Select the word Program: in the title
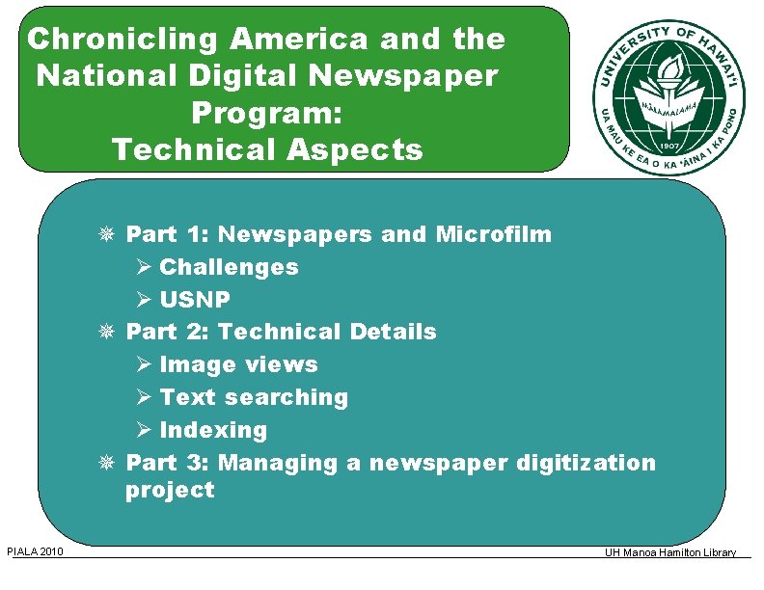click(x=267, y=113)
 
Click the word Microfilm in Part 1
click(x=494, y=234)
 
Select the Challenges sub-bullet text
click(x=229, y=267)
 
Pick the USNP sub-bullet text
click(x=195, y=300)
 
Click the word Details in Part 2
click(x=393, y=332)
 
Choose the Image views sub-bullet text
click(x=238, y=364)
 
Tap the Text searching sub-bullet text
click(x=254, y=397)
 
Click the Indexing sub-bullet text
click(x=213, y=430)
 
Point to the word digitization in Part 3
click(x=586, y=463)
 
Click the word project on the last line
click(x=170, y=490)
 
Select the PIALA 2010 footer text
click(x=36, y=551)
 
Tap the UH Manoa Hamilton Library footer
click(x=670, y=552)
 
